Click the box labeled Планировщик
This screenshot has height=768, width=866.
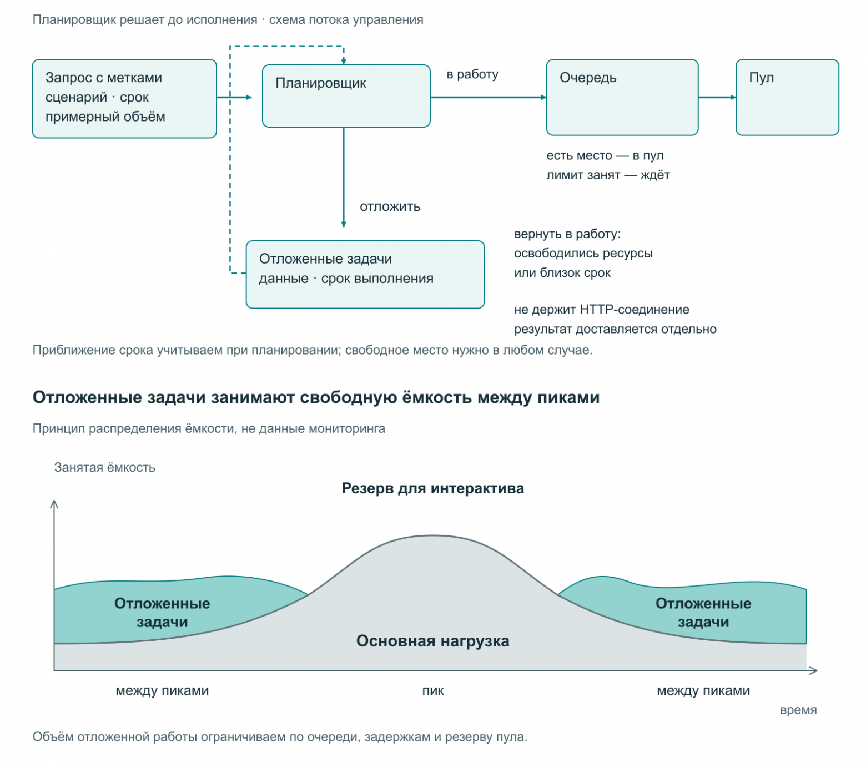click(346, 96)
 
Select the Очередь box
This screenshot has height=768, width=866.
click(622, 97)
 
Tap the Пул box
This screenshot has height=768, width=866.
click(787, 97)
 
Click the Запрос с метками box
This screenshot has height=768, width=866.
click(124, 98)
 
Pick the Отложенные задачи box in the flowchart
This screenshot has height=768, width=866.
click(365, 274)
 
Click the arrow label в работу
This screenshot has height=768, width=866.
click(472, 74)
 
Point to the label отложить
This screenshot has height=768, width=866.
click(390, 207)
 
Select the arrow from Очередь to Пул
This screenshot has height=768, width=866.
click(717, 97)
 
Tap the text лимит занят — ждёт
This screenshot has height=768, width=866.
click(608, 175)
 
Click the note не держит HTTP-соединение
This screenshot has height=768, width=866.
click(602, 309)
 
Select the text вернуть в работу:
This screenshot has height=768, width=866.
click(567, 234)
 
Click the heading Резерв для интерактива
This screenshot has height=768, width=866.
click(433, 488)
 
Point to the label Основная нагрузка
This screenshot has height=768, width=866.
click(433, 641)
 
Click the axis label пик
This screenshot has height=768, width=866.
click(433, 691)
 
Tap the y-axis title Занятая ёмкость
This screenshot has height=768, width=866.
click(105, 467)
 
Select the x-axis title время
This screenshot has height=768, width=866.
click(798, 710)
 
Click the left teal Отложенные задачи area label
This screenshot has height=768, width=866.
click(162, 613)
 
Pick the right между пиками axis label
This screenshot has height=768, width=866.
click(703, 691)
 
